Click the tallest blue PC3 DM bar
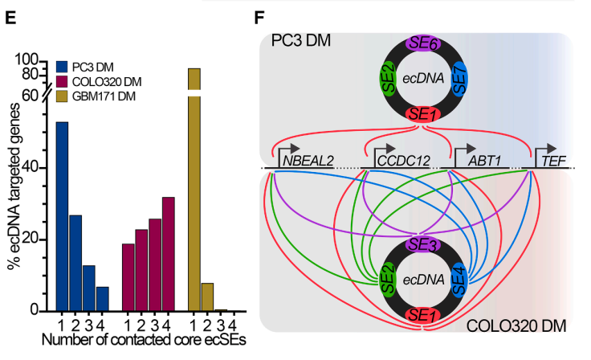62,217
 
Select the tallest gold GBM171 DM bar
194,193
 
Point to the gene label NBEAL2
307,161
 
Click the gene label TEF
553,161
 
